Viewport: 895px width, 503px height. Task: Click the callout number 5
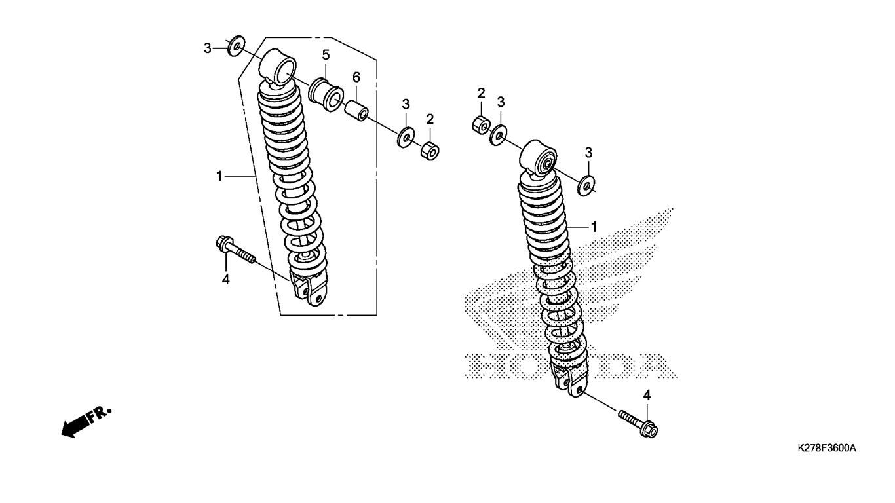pyautogui.click(x=326, y=54)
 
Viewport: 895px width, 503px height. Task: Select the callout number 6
pyautogui.click(x=356, y=77)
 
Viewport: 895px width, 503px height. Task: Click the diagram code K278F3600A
pyautogui.click(x=827, y=448)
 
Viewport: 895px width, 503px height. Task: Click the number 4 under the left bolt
pyautogui.click(x=225, y=279)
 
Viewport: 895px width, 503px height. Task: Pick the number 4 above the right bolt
pyautogui.click(x=647, y=395)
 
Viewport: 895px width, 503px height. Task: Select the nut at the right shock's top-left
pyautogui.click(x=480, y=124)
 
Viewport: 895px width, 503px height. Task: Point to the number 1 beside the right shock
pyautogui.click(x=594, y=227)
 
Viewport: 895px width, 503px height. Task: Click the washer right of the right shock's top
pyautogui.click(x=587, y=185)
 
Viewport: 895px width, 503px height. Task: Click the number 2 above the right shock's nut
pyautogui.click(x=480, y=92)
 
